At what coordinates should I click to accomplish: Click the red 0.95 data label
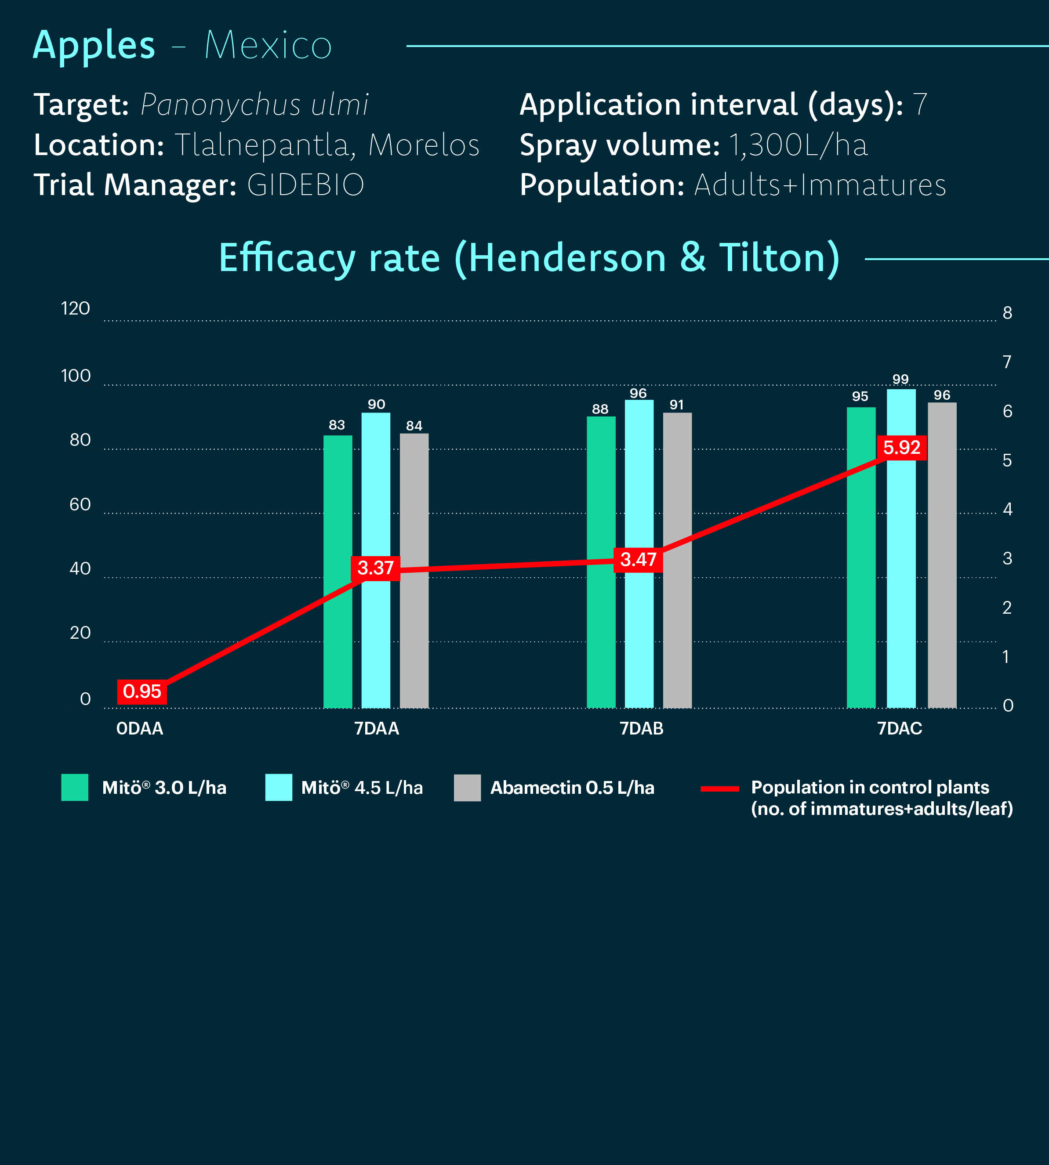tap(142, 691)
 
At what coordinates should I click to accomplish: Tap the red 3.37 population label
tap(375, 568)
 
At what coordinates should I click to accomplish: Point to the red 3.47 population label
tap(638, 560)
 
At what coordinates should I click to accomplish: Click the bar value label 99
tap(900, 379)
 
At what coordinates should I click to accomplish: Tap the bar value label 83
tap(337, 425)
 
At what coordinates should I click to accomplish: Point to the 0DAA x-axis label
tap(140, 729)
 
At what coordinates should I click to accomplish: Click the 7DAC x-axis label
tap(900, 729)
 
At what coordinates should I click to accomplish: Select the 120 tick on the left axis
tap(76, 309)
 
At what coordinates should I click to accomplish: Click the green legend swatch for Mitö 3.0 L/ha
tap(75, 787)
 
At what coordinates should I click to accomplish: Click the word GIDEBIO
tap(305, 185)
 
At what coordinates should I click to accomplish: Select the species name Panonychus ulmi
tap(254, 104)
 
